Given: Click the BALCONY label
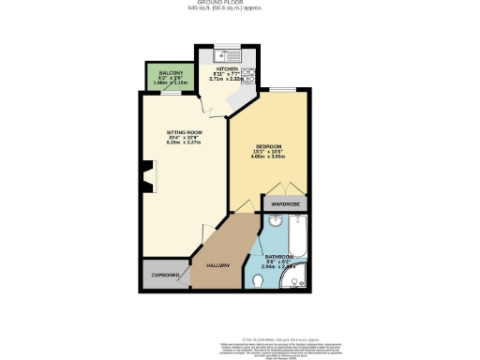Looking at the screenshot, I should point(169,72).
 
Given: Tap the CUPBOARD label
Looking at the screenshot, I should point(165,276).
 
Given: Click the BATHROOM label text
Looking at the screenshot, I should point(280,257).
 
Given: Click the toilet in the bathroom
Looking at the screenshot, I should point(259,279).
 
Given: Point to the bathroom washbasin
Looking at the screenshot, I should point(275,223).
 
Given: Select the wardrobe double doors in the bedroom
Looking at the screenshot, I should point(286,186).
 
